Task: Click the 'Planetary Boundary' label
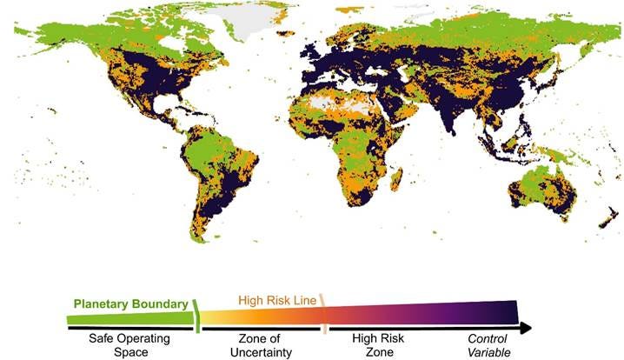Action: click(130, 304)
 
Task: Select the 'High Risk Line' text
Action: click(278, 301)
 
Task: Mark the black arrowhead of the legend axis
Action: click(524, 329)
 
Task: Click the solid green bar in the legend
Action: click(130, 318)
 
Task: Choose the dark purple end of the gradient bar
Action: click(508, 311)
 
